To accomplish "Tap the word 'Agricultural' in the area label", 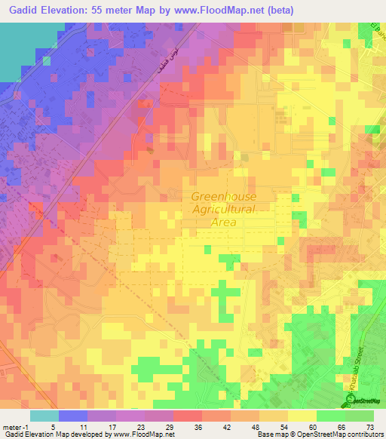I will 224,209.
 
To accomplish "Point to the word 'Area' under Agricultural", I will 224,222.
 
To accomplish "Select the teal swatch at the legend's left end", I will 44,416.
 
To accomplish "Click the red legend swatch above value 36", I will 188,416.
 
